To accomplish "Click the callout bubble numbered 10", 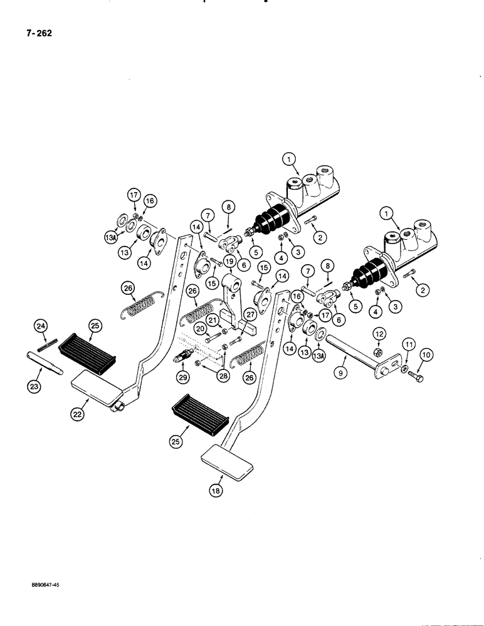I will (x=427, y=355).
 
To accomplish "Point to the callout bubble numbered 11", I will (x=408, y=344).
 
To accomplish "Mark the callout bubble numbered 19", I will (x=229, y=262).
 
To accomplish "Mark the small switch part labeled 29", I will (x=183, y=362).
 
